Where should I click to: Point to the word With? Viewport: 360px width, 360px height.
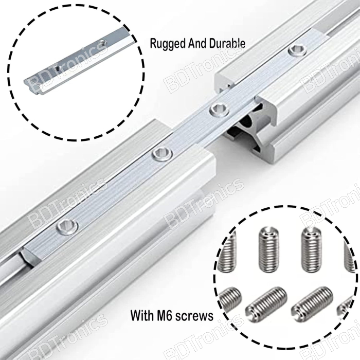(142, 315)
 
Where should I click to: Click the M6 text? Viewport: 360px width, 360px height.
(165, 315)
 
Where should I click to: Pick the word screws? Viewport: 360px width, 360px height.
(194, 316)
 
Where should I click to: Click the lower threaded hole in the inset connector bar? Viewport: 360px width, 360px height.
(56, 68)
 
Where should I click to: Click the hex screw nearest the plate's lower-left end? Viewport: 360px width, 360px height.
(67, 227)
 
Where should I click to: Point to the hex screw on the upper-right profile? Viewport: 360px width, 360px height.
(298, 50)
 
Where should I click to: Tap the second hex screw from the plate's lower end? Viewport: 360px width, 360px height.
(163, 155)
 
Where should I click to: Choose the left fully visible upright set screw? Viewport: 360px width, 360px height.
(269, 249)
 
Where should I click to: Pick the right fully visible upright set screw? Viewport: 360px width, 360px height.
(311, 250)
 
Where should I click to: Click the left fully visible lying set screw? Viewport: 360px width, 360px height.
(266, 301)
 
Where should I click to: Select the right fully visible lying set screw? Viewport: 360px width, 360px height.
(312, 301)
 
